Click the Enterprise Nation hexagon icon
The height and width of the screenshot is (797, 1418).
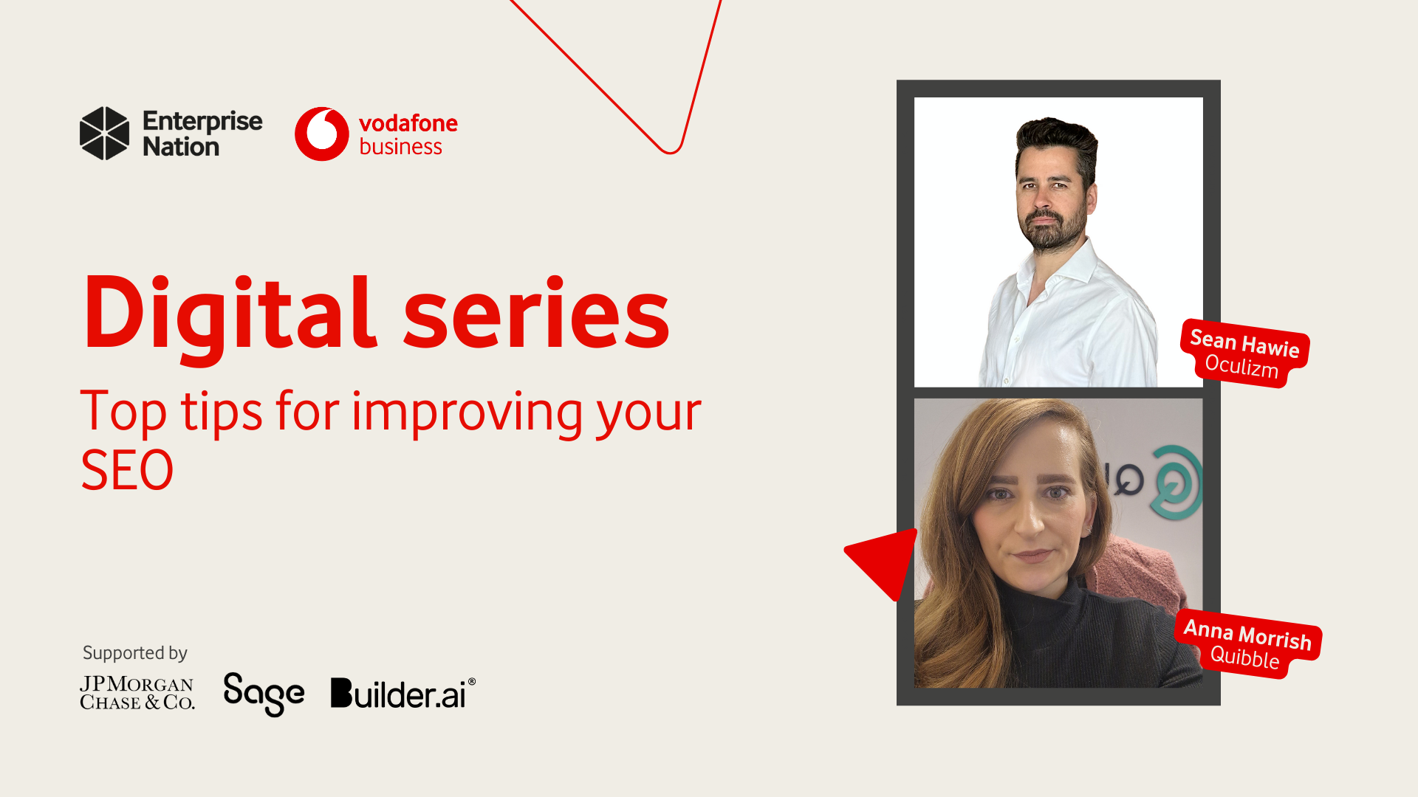(104, 134)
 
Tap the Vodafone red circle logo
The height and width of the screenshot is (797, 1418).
(321, 134)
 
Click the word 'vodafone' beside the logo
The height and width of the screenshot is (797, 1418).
(408, 123)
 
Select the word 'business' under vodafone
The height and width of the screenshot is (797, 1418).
(400, 147)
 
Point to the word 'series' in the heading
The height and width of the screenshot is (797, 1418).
(537, 314)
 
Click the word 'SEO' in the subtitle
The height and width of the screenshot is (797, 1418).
(127, 470)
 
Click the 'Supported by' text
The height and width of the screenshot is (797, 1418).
(135, 653)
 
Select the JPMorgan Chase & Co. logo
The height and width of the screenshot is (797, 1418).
(137, 693)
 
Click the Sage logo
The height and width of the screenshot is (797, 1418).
(264, 694)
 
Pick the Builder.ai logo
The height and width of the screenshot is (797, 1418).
(403, 693)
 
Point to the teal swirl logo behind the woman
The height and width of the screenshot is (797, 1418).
(1177, 483)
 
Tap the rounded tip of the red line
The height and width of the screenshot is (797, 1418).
(671, 151)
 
